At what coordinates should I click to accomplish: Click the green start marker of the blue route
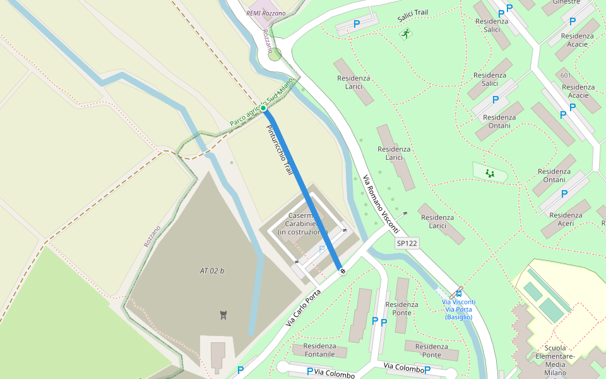click(x=263, y=108)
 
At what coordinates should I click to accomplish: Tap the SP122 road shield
click(x=408, y=243)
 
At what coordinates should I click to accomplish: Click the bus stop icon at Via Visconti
click(x=459, y=293)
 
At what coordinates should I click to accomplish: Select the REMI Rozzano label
click(x=266, y=13)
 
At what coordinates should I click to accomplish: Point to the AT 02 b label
click(x=212, y=271)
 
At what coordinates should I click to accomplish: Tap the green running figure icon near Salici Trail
click(x=405, y=33)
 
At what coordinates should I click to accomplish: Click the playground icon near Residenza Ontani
click(x=489, y=172)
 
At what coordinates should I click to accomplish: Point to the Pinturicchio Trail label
click(x=278, y=150)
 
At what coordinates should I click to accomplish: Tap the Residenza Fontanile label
click(x=319, y=350)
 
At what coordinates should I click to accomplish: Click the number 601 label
click(x=565, y=76)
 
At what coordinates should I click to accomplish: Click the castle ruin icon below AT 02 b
click(x=223, y=314)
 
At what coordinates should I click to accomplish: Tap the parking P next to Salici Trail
click(x=357, y=24)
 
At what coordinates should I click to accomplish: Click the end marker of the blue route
click(x=342, y=271)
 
